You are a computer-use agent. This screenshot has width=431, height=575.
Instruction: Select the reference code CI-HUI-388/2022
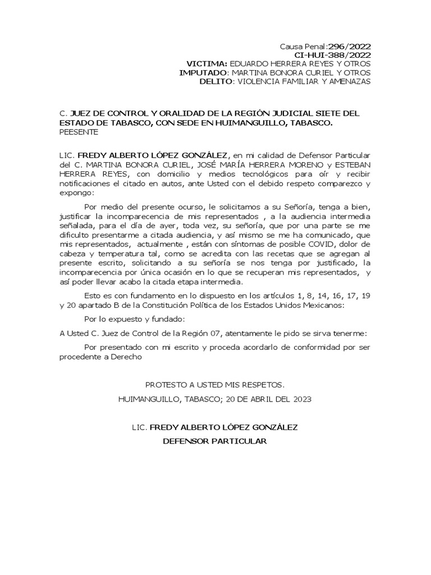[x=333, y=55]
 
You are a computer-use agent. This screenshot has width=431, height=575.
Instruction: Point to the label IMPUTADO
[x=203, y=73]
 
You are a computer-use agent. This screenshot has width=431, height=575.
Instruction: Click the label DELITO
[x=216, y=81]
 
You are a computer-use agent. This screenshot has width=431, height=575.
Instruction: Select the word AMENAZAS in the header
[x=346, y=81]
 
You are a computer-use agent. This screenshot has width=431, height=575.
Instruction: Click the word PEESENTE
[x=79, y=132]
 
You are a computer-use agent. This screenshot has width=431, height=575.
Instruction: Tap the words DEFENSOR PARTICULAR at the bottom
[x=214, y=441]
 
